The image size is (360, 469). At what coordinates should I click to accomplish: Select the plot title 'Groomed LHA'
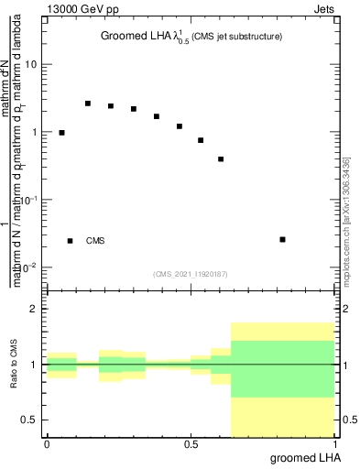tap(137, 37)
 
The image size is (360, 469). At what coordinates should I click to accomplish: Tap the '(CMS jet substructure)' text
tap(236, 37)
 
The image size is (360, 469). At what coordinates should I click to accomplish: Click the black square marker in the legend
tap(70, 241)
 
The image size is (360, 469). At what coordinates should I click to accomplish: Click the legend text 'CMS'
tap(95, 241)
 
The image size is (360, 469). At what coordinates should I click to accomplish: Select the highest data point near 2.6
tap(88, 104)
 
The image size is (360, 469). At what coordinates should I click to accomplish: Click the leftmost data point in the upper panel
tap(61, 133)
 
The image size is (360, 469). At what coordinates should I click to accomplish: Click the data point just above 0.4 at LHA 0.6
tap(221, 159)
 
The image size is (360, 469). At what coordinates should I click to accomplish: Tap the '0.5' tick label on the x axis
tap(191, 444)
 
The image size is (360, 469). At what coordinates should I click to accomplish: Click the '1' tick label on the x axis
tap(336, 444)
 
